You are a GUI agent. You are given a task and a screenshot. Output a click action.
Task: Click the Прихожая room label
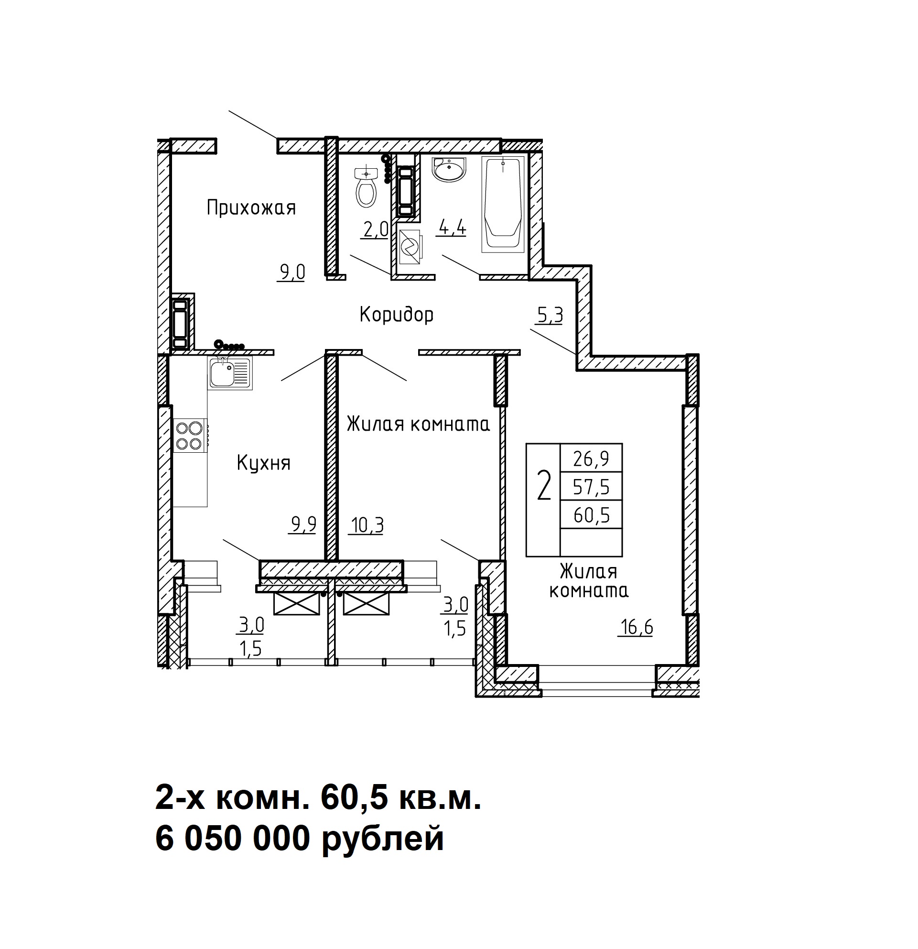(251, 208)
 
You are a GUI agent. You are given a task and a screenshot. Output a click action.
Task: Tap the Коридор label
(396, 315)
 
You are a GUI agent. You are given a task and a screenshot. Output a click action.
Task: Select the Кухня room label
(264, 464)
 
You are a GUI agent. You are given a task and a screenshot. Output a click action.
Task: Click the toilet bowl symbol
(367, 186)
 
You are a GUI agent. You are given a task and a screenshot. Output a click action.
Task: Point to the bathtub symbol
(503, 204)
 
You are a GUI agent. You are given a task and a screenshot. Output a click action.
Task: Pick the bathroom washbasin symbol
(449, 169)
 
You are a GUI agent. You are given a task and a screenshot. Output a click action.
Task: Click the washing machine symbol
(410, 246)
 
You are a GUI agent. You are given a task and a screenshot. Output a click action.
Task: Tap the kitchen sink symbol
(230, 373)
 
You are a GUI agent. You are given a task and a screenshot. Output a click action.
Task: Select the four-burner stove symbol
(191, 435)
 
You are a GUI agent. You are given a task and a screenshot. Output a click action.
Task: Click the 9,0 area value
(292, 273)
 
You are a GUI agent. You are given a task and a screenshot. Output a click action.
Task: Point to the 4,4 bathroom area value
(452, 227)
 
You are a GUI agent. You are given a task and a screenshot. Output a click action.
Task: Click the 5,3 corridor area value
(550, 316)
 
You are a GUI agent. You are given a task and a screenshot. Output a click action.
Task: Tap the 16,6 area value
(636, 628)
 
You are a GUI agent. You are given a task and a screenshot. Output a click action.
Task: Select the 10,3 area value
(367, 525)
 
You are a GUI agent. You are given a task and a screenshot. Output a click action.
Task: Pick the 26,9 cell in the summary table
(591, 458)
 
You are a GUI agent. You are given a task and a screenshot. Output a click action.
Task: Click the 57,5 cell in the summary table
(591, 487)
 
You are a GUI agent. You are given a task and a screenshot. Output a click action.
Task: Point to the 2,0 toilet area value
(376, 229)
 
